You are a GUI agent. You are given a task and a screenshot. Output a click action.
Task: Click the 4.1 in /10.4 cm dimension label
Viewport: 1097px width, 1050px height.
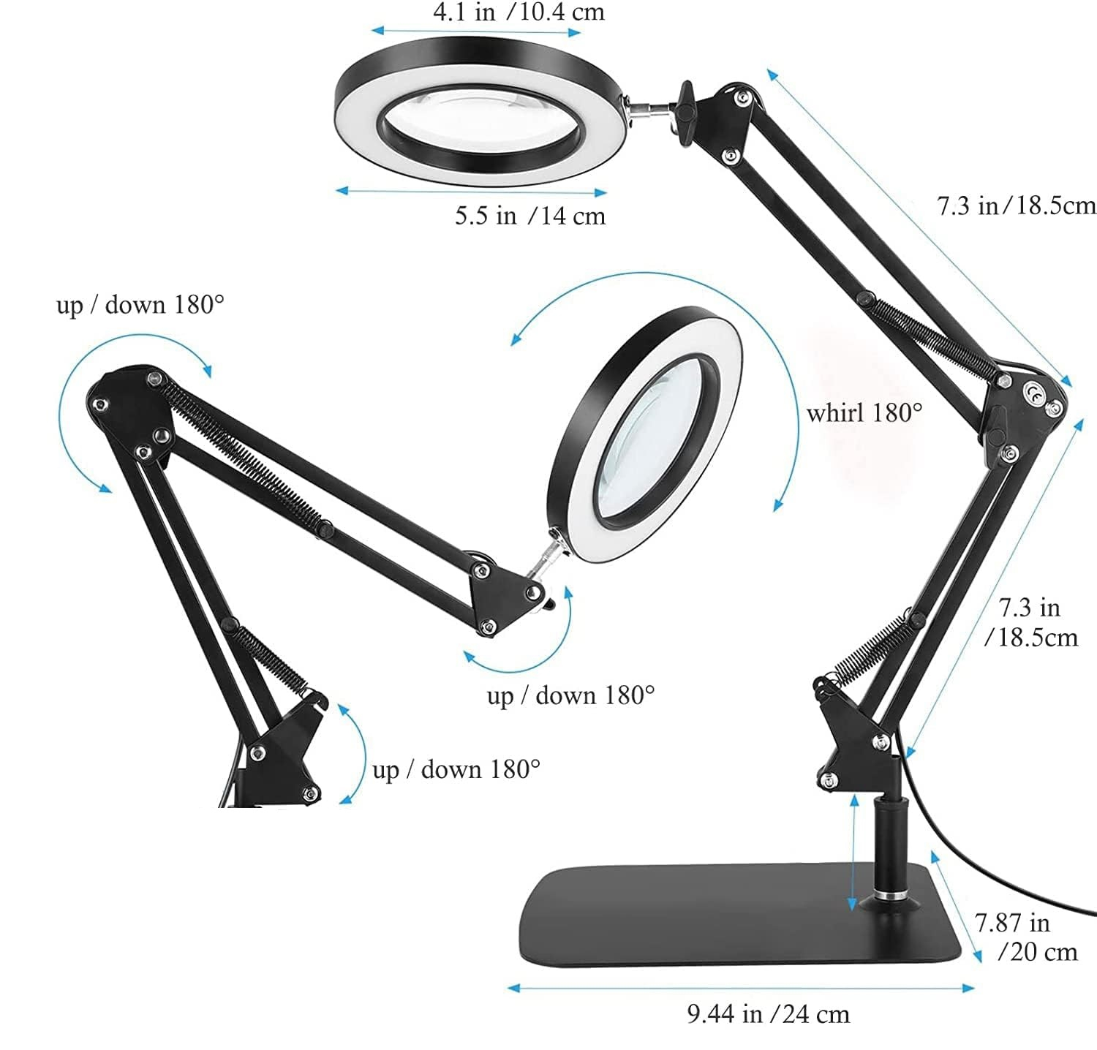pyautogui.click(x=519, y=12)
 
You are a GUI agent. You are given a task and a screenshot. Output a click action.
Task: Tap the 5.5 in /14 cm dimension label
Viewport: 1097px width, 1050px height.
pyautogui.click(x=530, y=216)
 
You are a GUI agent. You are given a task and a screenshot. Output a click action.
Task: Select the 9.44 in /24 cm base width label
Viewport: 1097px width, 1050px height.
pyautogui.click(x=769, y=1014)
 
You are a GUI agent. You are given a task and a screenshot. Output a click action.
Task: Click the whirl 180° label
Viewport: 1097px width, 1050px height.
pyautogui.click(x=864, y=413)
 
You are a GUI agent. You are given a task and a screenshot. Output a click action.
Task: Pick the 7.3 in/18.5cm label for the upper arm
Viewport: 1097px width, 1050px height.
pyautogui.click(x=1017, y=205)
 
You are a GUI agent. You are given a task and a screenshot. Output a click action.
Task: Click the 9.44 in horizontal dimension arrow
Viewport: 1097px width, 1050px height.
pyautogui.click(x=741, y=988)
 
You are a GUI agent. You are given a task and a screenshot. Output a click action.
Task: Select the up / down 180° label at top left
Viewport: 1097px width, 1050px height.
pyautogui.click(x=140, y=304)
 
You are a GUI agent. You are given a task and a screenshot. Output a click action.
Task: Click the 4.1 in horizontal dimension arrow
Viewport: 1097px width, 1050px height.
pyautogui.click(x=476, y=31)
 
